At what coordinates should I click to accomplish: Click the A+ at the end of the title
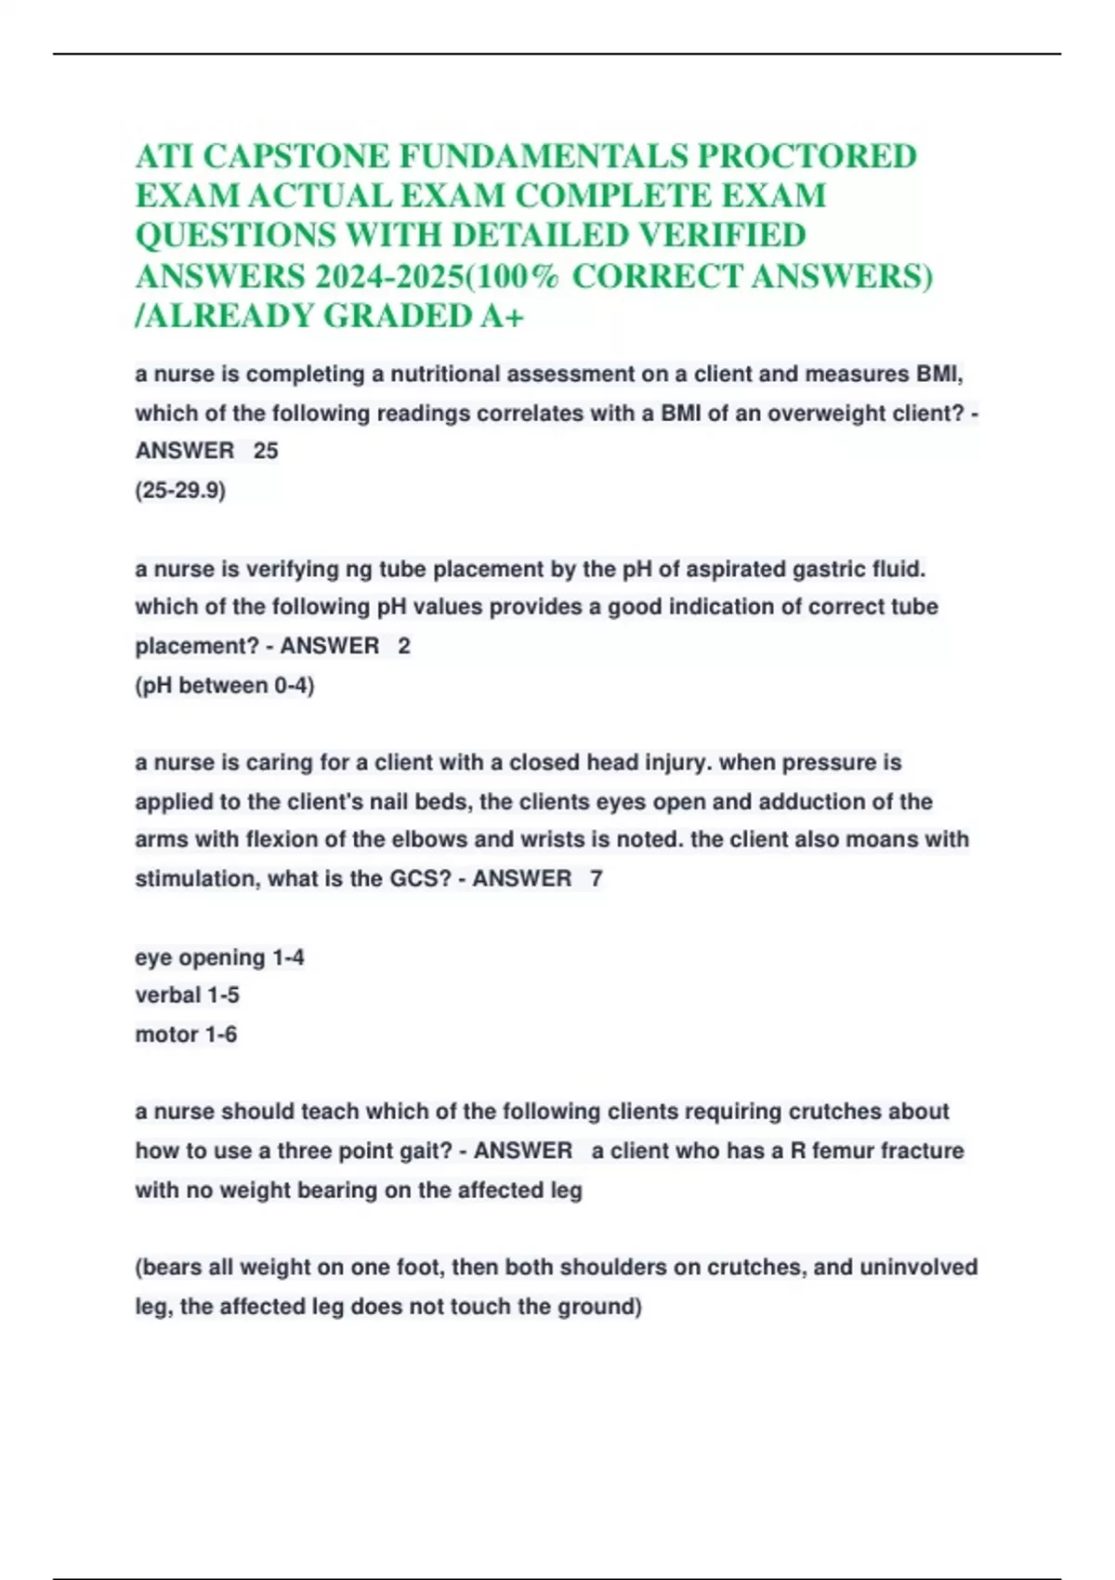pyautogui.click(x=503, y=317)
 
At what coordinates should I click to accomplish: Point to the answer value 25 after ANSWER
pyautogui.click(x=266, y=451)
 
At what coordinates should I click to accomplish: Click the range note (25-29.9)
pyautogui.click(x=180, y=490)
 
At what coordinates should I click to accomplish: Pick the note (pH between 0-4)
pyautogui.click(x=225, y=686)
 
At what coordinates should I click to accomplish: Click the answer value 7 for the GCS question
pyautogui.click(x=597, y=878)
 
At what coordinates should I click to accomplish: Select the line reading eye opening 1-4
pyautogui.click(x=219, y=957)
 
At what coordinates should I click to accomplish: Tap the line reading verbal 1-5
pyautogui.click(x=187, y=995)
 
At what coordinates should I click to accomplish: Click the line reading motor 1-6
pyautogui.click(x=186, y=1034)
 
